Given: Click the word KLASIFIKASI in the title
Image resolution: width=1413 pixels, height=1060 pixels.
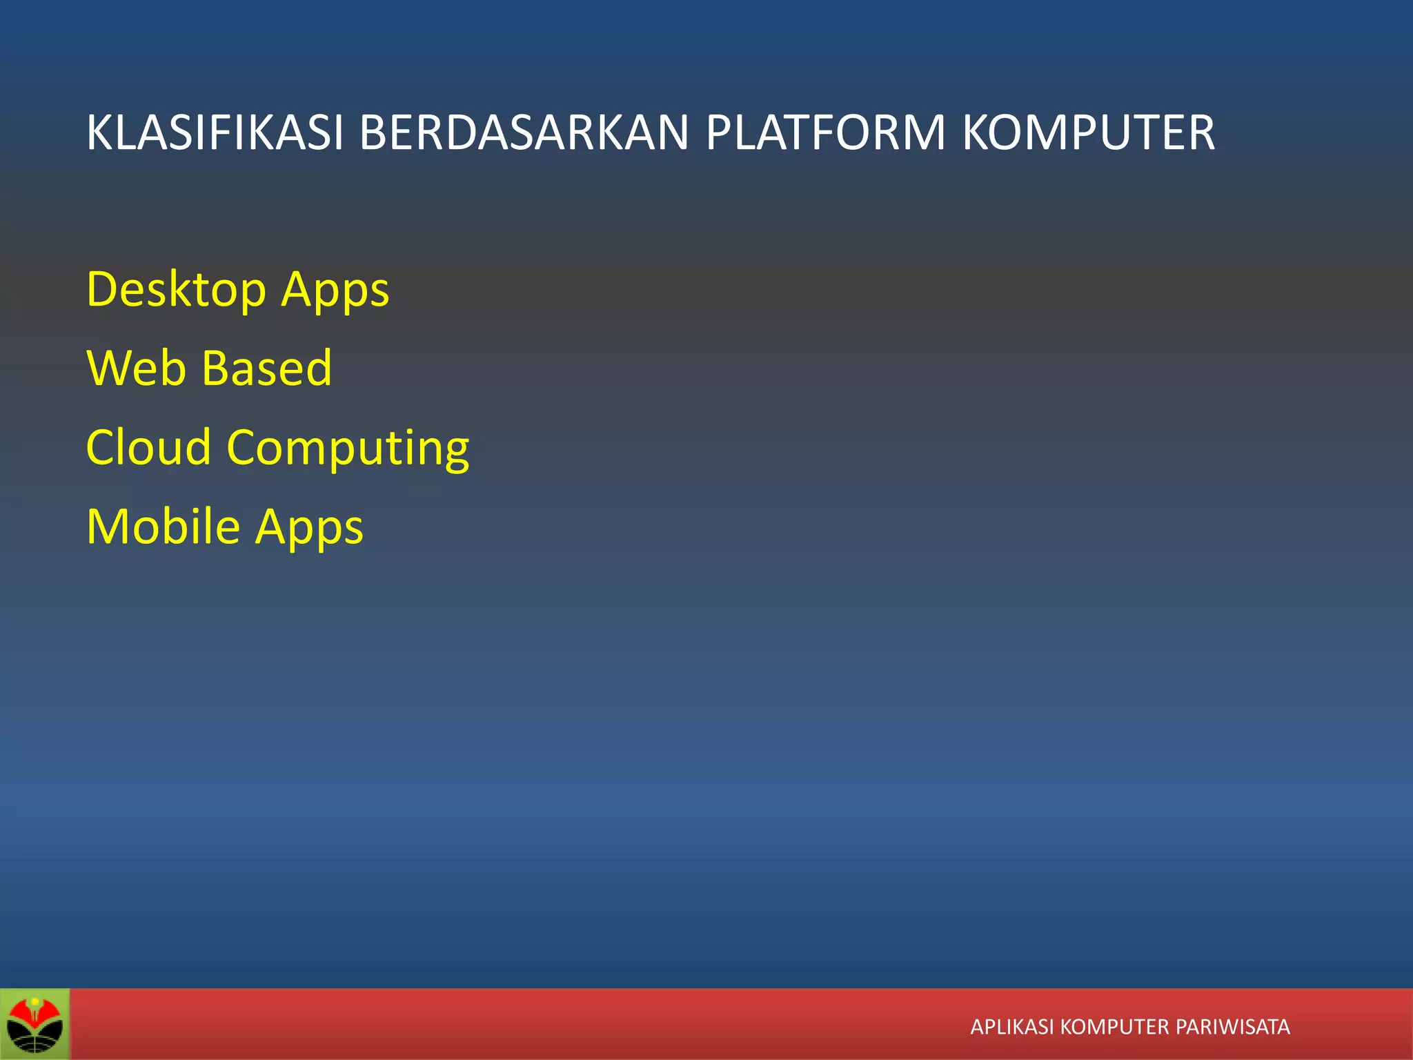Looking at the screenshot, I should pos(215,132).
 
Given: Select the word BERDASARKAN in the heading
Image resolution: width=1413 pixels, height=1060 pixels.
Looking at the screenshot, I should pos(524,132).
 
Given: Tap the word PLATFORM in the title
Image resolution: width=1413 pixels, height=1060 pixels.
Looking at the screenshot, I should pos(825,132).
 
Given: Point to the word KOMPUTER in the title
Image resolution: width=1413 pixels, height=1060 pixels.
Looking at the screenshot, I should pos(1088,132).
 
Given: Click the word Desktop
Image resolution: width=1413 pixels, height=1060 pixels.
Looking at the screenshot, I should pos(176,290).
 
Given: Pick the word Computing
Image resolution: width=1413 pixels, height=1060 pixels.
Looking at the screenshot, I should pos(348,449).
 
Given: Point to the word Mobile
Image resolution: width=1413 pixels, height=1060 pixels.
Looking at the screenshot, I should pos(163,527).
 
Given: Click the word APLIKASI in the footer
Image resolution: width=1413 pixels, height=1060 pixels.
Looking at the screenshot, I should pos(1011,1027).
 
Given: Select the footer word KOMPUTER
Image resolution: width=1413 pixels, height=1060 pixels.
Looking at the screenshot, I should pos(1114,1027).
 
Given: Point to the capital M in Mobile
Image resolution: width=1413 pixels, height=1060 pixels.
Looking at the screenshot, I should pos(106,527).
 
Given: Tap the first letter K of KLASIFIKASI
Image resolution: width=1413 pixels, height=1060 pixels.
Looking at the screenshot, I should pos(98,132).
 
